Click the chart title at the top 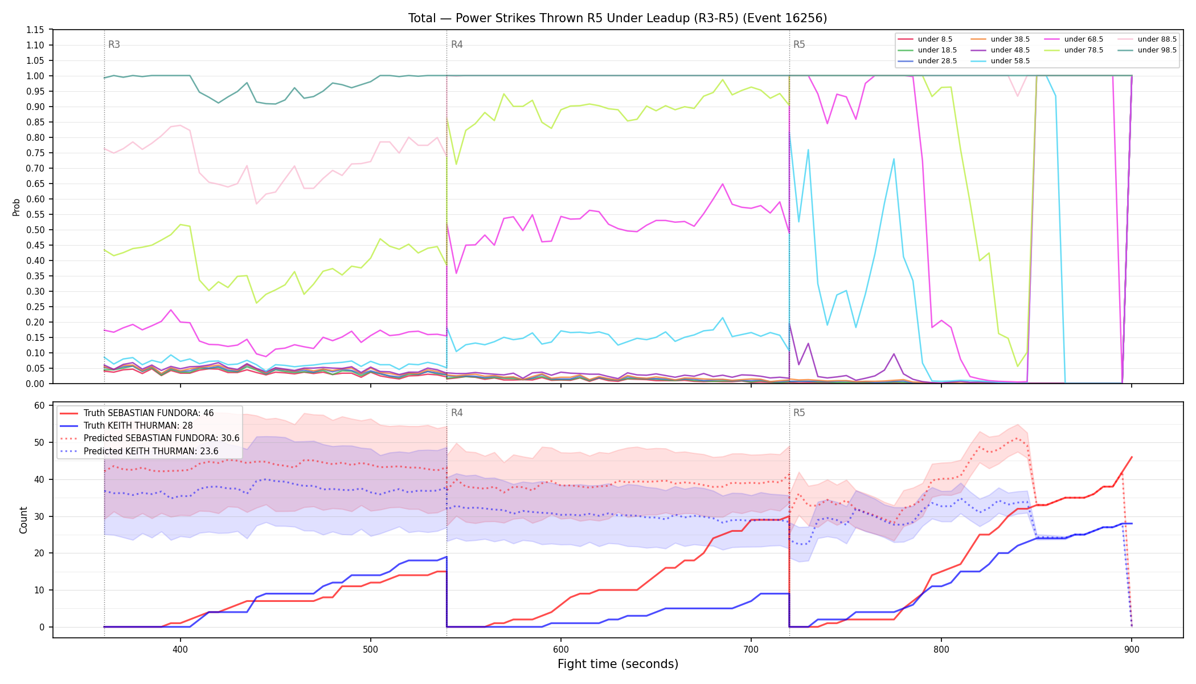click(x=617, y=18)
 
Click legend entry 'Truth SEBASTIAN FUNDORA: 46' click(x=137, y=413)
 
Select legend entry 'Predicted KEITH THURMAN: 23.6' click(x=139, y=451)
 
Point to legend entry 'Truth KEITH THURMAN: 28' click(x=126, y=426)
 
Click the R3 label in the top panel click(x=114, y=44)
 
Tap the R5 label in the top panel click(x=799, y=44)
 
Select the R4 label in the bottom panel click(x=457, y=413)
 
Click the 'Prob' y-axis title click(x=17, y=207)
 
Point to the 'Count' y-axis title click(x=23, y=520)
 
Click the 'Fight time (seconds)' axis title click(x=618, y=664)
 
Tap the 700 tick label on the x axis click(x=751, y=649)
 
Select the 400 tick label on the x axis click(x=181, y=649)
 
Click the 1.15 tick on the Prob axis click(x=35, y=30)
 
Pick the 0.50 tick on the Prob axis click(x=35, y=230)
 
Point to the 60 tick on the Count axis click(x=40, y=406)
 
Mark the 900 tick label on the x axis click(x=1132, y=649)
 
